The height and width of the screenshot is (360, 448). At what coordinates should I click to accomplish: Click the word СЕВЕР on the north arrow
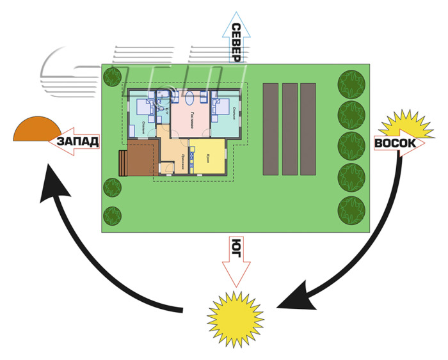point(236,42)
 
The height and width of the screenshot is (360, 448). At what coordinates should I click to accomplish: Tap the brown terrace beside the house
point(143,159)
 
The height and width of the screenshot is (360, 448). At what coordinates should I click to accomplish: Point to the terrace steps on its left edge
point(122,162)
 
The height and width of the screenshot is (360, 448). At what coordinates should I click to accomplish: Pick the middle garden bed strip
point(290,129)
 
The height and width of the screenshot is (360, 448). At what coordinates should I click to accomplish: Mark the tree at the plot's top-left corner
point(112,79)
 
